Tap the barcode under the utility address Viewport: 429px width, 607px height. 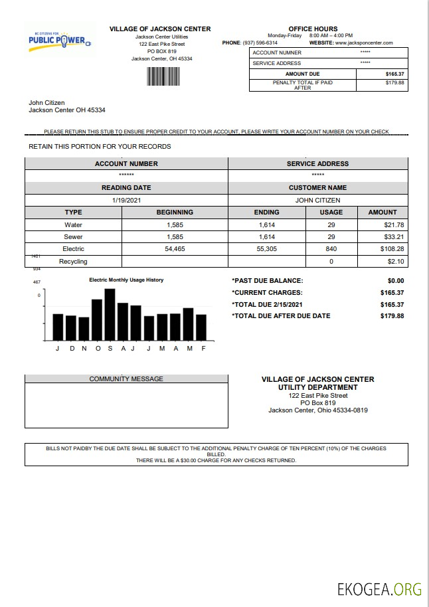(163, 76)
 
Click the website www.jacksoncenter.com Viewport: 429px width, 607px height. (364, 43)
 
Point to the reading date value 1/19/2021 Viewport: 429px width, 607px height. (126, 200)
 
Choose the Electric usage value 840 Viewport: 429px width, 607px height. (331, 249)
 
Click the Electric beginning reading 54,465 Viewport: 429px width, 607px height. (175, 249)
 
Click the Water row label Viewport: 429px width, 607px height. (73, 225)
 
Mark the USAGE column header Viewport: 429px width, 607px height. (331, 213)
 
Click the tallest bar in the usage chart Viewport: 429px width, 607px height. (110, 314)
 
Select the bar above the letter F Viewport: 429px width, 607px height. (201, 327)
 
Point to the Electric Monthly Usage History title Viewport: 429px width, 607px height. (126, 280)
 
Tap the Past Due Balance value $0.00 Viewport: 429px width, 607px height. (395, 281)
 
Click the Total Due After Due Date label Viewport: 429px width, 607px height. (281, 316)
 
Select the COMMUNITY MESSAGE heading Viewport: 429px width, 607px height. (126, 379)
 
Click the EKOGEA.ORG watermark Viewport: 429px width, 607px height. (379, 588)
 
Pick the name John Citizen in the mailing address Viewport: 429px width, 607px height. (48, 103)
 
